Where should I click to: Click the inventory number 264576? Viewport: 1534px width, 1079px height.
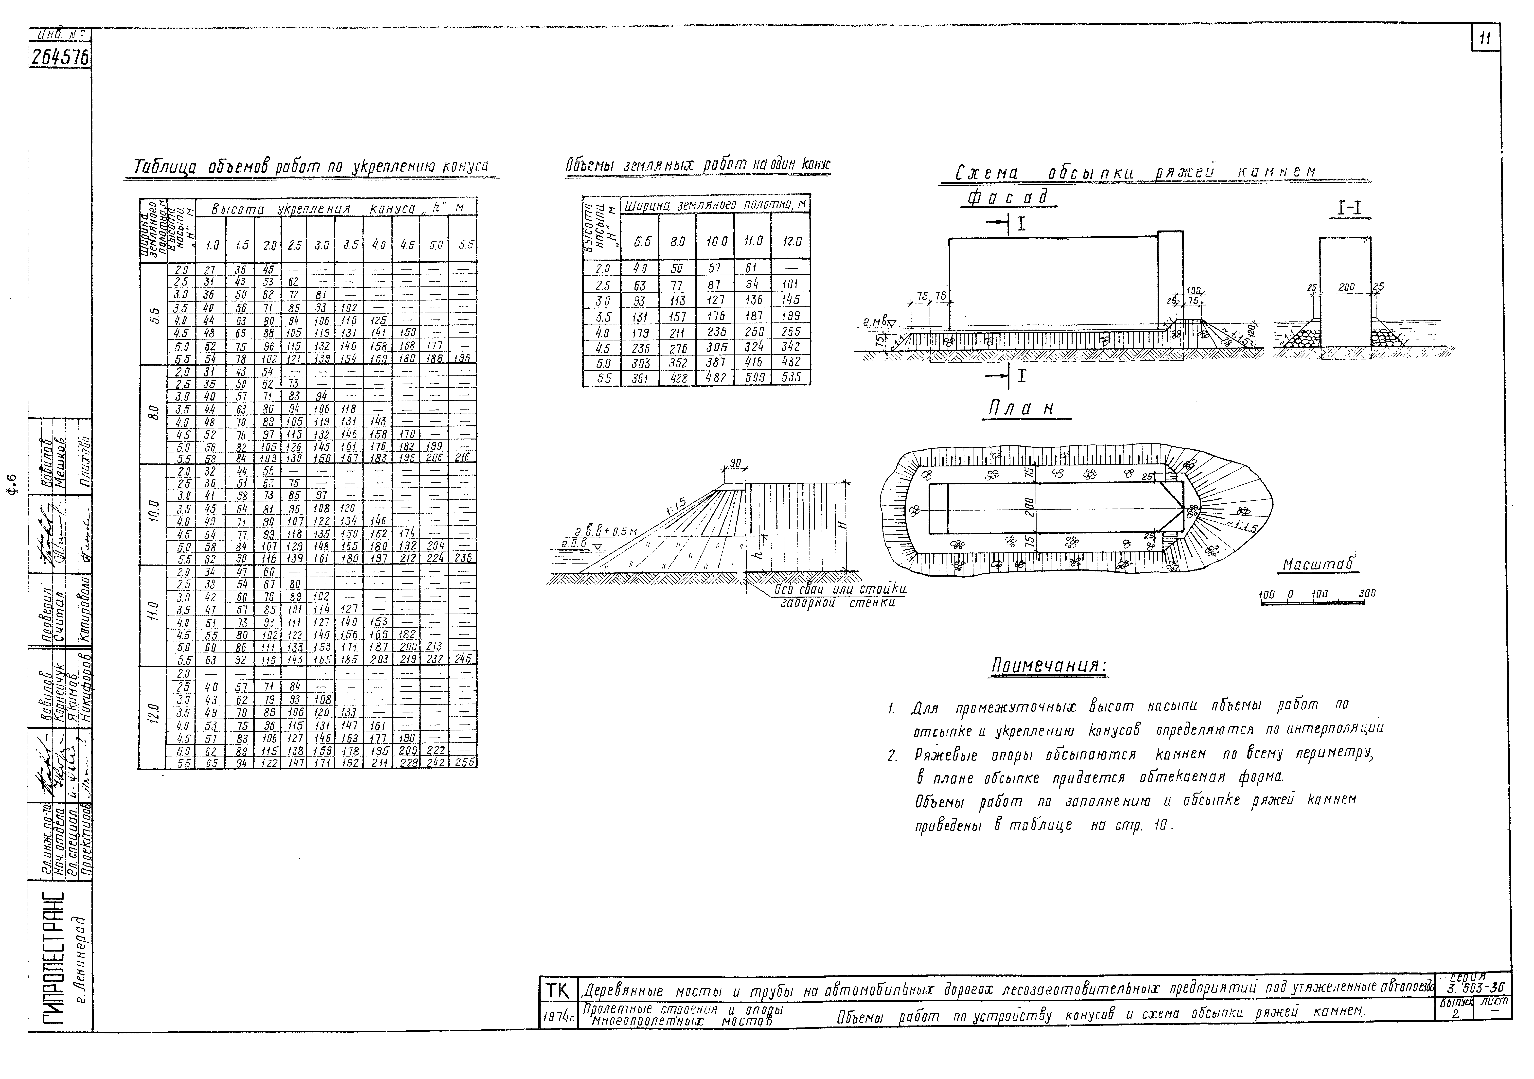coord(60,59)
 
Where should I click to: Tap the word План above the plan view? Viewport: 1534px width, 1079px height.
coord(1026,409)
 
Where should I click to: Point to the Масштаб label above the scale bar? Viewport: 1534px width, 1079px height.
coord(1320,565)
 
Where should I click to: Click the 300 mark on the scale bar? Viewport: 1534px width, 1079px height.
coord(1367,593)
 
